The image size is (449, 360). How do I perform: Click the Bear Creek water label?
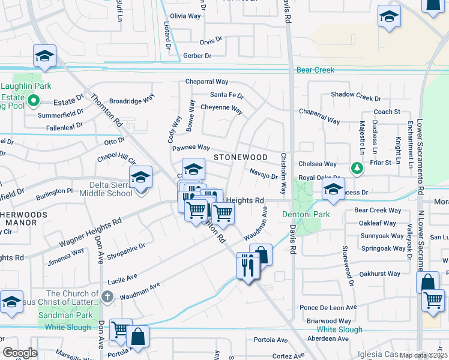tap(315, 70)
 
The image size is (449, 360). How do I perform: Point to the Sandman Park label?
tap(65, 315)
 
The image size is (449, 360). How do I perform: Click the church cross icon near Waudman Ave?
tap(107, 296)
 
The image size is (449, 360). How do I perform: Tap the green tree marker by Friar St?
tap(357, 167)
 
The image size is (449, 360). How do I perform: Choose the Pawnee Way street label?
tap(191, 147)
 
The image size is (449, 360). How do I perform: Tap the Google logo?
tap(20, 353)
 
